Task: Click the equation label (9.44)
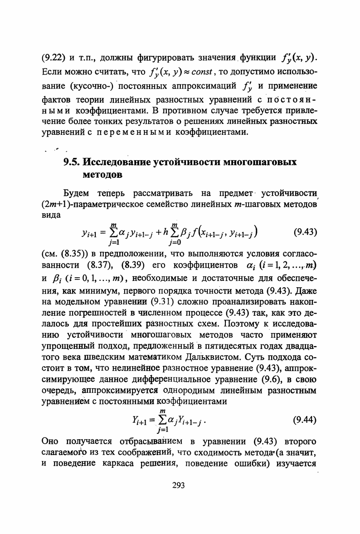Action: (x=305, y=420)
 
